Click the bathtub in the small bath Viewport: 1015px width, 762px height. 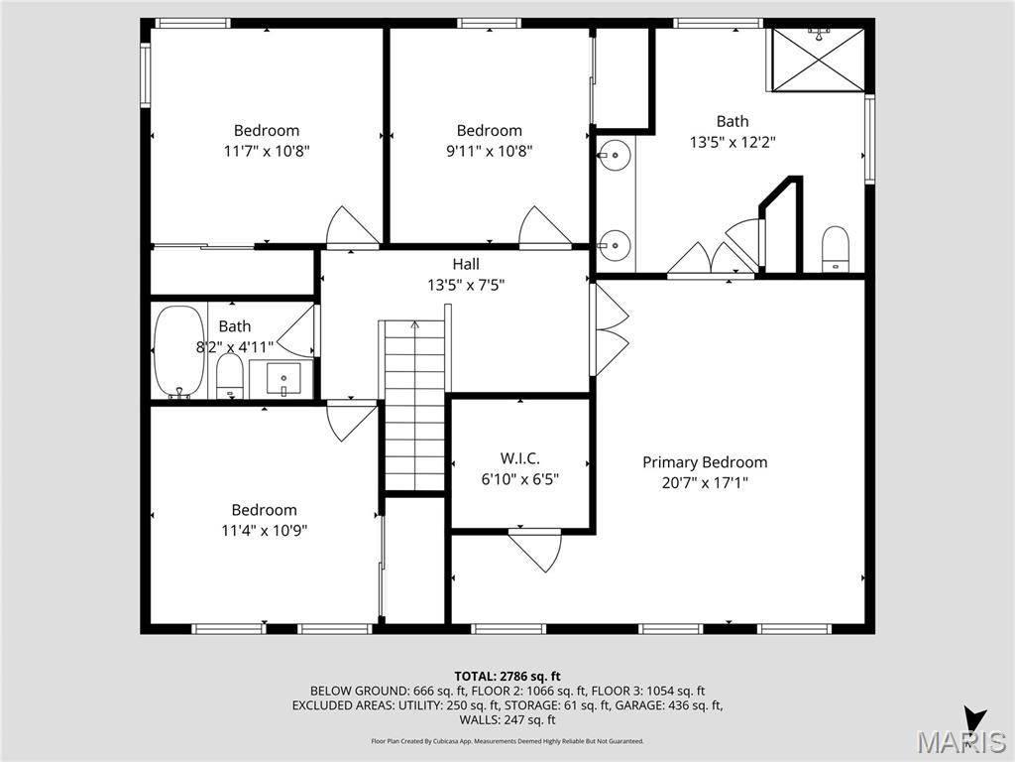(x=179, y=352)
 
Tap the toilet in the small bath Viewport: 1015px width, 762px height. (x=230, y=377)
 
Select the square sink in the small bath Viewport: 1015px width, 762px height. (x=282, y=379)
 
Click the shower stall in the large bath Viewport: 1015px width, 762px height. (x=818, y=60)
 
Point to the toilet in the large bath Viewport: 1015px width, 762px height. (x=837, y=248)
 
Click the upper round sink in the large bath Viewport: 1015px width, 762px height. (x=615, y=155)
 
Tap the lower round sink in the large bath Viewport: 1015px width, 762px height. (x=615, y=242)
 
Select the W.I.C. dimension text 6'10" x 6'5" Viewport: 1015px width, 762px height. (x=520, y=479)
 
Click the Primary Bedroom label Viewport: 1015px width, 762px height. (x=705, y=462)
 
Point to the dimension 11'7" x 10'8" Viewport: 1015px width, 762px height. (x=267, y=152)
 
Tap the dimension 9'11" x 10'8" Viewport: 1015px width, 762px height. (x=489, y=152)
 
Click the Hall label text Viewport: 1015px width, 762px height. (x=466, y=264)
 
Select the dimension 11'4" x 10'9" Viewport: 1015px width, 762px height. (x=265, y=531)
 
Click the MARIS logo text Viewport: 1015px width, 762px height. (x=960, y=742)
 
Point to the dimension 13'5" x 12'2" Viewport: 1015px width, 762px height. (x=733, y=142)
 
